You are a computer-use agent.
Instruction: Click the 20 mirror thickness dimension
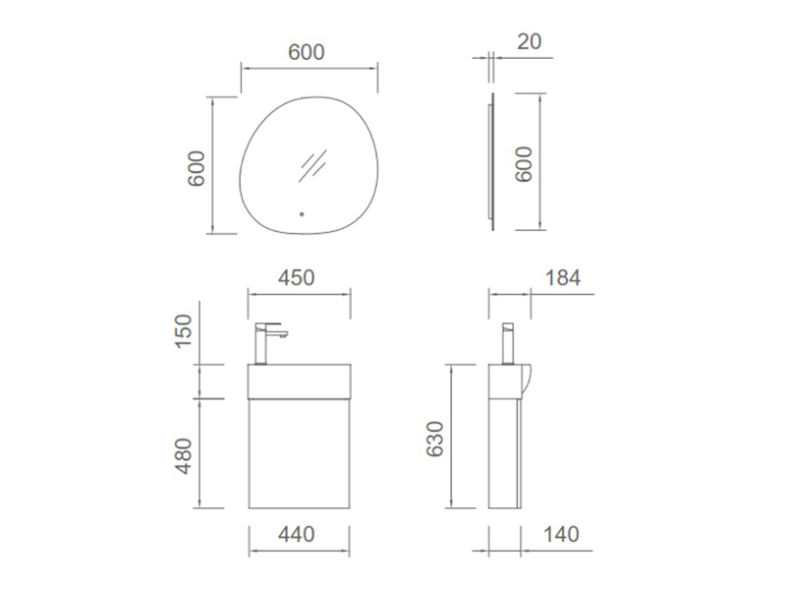pyautogui.click(x=529, y=41)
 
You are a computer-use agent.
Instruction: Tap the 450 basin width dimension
pyautogui.click(x=297, y=278)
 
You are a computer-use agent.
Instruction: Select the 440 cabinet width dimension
pyautogui.click(x=297, y=534)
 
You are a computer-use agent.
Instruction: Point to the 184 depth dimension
pyautogui.click(x=562, y=278)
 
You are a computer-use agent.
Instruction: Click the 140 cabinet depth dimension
pyautogui.click(x=561, y=534)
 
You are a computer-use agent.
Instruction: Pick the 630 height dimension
pyautogui.click(x=434, y=439)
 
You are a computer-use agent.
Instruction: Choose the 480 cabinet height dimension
pyautogui.click(x=184, y=455)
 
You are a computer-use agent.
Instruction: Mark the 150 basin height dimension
pyautogui.click(x=184, y=330)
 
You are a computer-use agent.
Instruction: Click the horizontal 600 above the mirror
pyautogui.click(x=307, y=52)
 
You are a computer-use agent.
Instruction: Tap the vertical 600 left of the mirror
pyautogui.click(x=196, y=168)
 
